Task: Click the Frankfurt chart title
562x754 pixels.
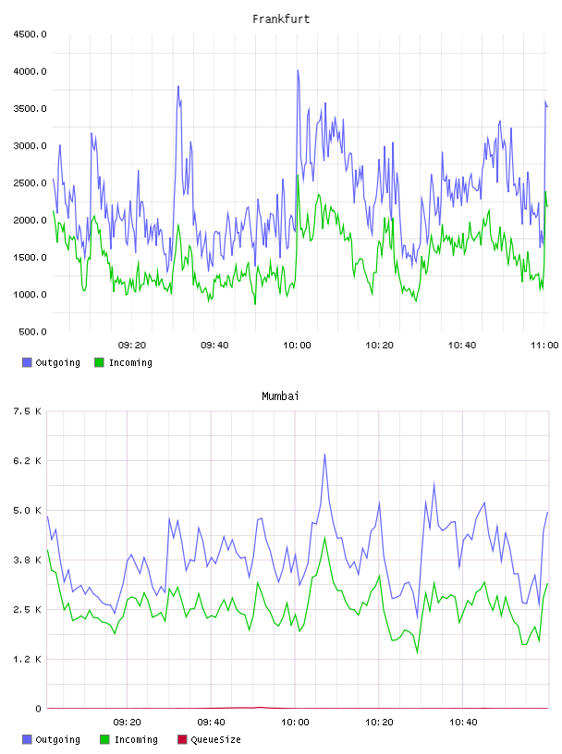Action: point(281,19)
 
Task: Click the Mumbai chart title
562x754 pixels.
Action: point(280,396)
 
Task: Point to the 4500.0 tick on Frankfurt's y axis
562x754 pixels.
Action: point(30,34)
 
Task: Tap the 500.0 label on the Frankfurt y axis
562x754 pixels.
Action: point(32,332)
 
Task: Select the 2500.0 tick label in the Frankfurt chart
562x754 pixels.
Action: point(30,183)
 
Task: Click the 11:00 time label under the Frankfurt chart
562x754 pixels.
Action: point(544,346)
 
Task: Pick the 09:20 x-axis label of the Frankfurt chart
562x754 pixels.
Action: point(132,346)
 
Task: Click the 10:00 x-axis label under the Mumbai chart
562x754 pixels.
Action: point(295,723)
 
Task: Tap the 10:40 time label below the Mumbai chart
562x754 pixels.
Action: point(463,723)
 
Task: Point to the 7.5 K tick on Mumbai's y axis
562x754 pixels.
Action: point(28,411)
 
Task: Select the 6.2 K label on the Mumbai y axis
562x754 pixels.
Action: point(28,461)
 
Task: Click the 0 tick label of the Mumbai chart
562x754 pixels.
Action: point(38,709)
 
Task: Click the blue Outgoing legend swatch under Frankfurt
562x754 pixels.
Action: point(27,362)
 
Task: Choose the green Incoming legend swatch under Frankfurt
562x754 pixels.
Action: point(99,362)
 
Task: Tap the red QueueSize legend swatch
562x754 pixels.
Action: point(182,739)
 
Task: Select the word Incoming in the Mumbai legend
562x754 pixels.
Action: point(136,740)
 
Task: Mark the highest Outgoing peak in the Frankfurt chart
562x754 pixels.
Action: point(298,70)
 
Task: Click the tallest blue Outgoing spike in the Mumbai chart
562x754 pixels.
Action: point(324,454)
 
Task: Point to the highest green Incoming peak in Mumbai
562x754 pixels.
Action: point(324,538)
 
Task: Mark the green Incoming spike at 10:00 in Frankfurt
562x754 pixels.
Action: point(298,176)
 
